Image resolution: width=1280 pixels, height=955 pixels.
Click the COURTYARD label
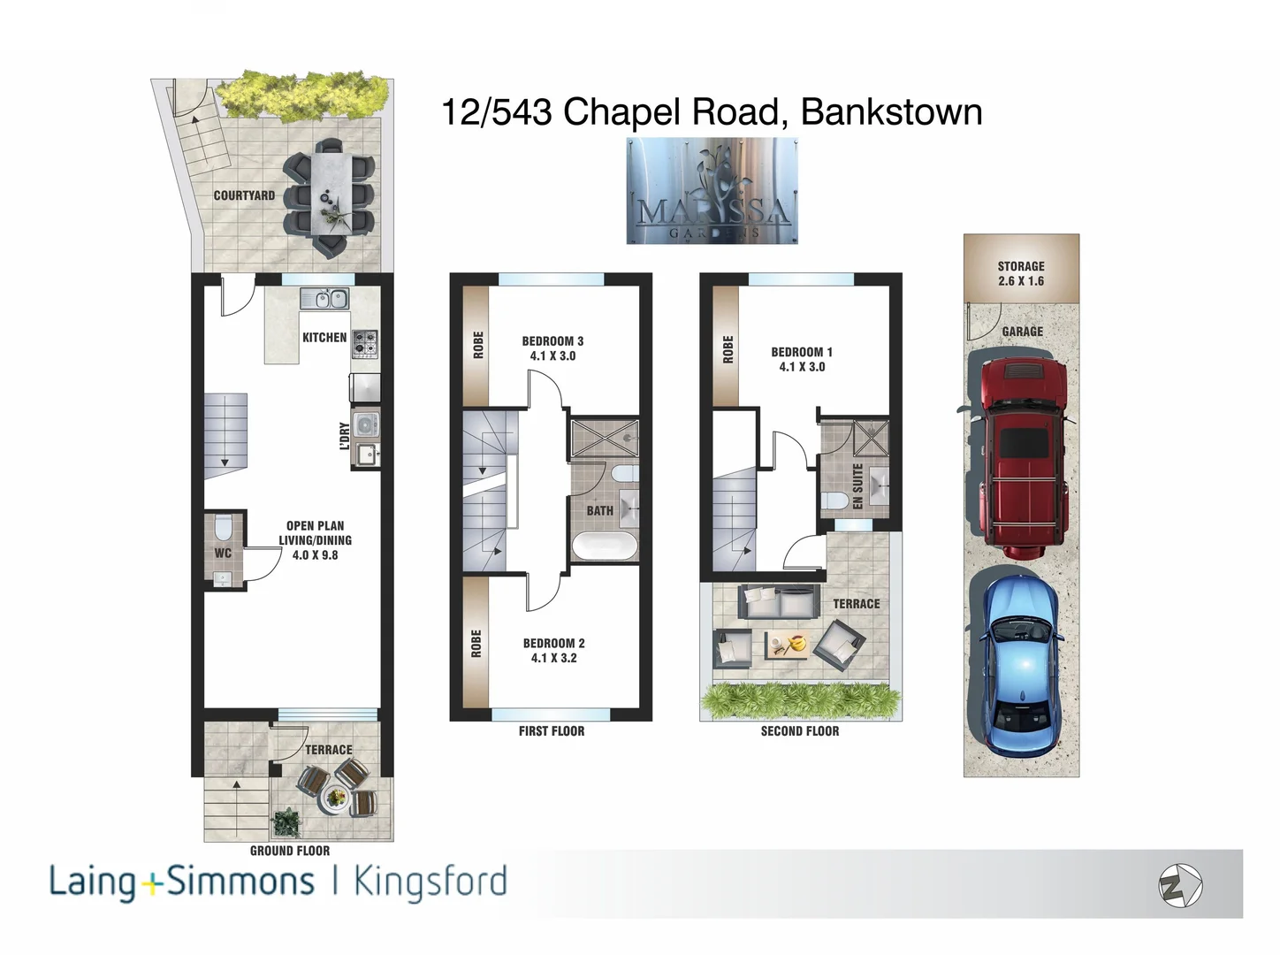pos(244,195)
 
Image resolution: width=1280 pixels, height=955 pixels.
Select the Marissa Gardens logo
pos(712,191)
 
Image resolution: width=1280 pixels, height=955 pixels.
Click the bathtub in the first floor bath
pos(604,545)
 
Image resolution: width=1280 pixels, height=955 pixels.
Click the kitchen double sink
pos(324,299)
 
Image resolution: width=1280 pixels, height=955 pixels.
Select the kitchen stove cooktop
pos(365,342)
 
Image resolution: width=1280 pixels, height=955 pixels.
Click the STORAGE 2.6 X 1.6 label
pos(1021,273)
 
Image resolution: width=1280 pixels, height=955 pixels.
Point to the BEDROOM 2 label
pos(553,650)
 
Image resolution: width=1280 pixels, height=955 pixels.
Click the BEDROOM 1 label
pos(802,358)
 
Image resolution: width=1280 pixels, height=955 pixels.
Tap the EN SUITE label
pos(857,486)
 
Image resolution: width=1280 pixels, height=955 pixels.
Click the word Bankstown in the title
pos(891,112)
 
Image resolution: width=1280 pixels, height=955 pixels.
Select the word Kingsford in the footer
pos(430,882)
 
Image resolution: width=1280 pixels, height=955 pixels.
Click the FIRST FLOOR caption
pos(552,731)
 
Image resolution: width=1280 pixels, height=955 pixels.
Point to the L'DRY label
pos(344,436)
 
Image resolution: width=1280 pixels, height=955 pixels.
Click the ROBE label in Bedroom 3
pos(477,345)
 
